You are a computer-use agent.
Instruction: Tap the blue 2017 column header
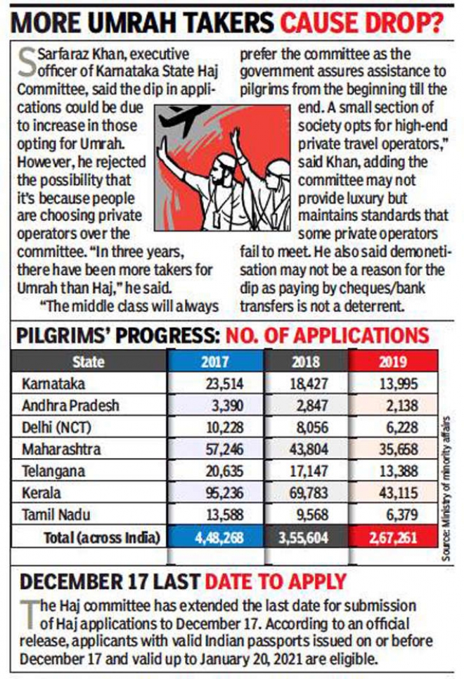tap(216, 362)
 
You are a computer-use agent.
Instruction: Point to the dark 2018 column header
tap(307, 362)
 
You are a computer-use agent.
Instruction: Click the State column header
tap(88, 362)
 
